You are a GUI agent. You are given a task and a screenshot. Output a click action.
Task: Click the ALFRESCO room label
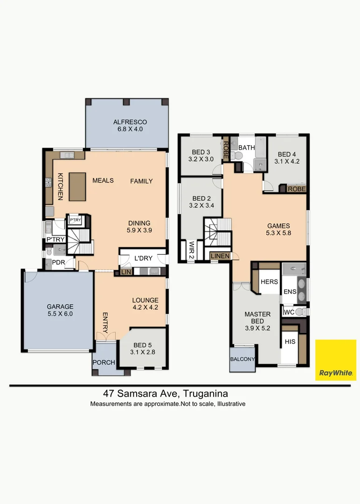[130, 122]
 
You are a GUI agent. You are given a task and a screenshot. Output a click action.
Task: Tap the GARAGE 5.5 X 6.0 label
[60, 310]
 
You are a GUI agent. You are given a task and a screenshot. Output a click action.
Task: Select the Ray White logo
[336, 360]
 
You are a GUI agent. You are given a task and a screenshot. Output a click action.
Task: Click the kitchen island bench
[77, 187]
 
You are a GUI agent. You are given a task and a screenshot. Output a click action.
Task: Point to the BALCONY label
[242, 359]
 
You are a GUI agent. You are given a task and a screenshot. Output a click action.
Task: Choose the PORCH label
[104, 362]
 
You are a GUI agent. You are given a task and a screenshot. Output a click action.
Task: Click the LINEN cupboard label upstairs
[220, 256]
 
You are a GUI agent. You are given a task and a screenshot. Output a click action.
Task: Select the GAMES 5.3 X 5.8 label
[278, 230]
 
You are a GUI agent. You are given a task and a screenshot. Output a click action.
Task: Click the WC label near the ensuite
[289, 312]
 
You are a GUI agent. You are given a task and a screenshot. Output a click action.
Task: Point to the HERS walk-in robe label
[270, 282]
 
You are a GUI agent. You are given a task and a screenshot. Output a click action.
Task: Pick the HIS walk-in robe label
[290, 342]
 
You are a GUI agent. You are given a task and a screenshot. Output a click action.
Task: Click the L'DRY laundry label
[143, 258]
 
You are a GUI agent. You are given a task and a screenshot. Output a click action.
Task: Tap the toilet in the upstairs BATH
[237, 156]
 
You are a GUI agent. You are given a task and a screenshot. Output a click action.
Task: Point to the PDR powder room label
[58, 263]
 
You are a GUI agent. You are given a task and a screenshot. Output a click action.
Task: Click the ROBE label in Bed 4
[297, 189]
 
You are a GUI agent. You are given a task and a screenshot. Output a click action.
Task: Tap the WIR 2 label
[191, 250]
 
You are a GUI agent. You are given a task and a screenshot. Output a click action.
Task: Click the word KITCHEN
[60, 186]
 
